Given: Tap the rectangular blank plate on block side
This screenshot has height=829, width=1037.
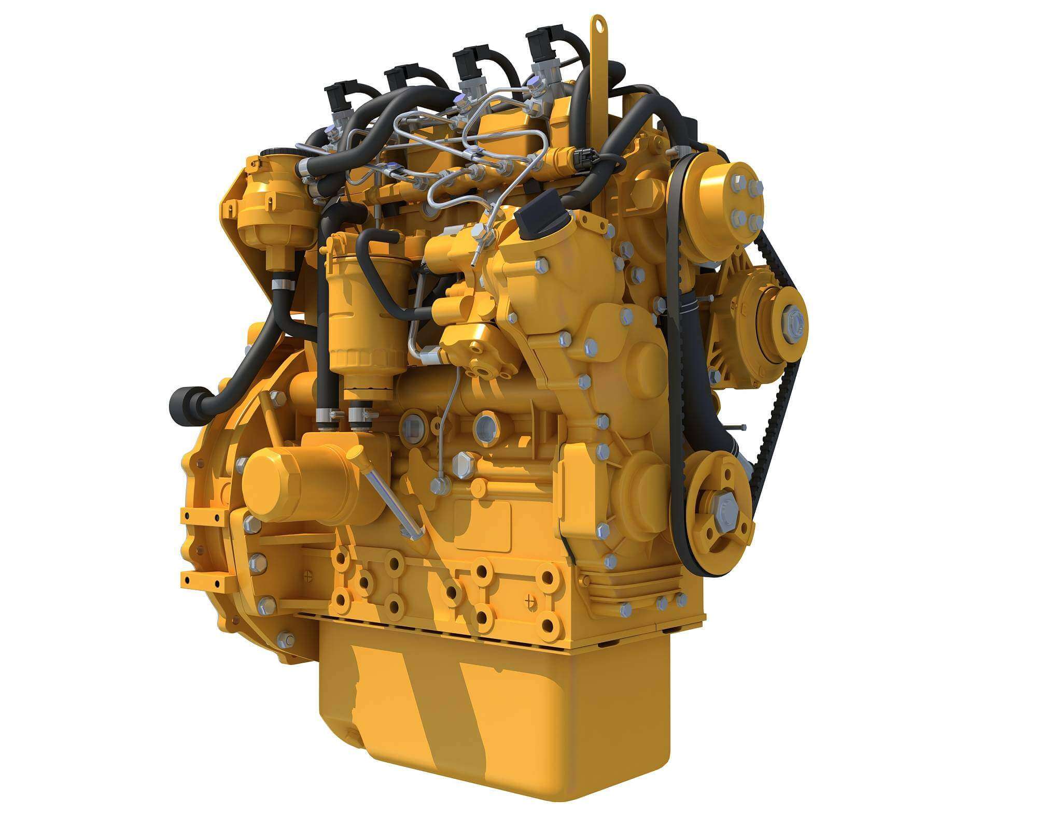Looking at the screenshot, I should [x=482, y=526].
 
